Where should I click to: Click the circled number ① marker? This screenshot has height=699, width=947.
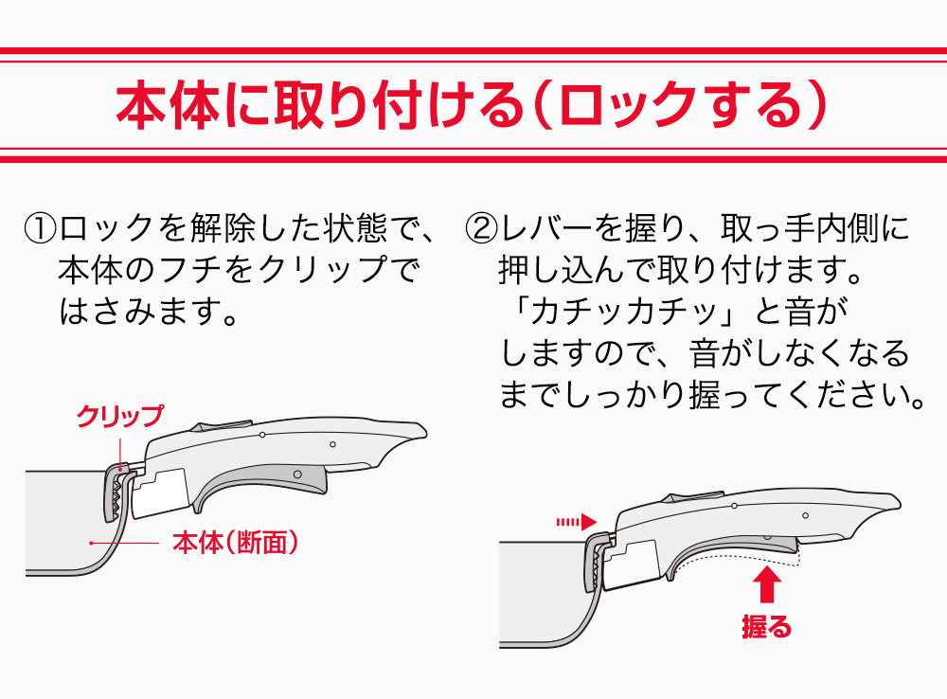pyautogui.click(x=41, y=228)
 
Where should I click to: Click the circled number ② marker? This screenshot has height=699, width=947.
pyautogui.click(x=482, y=228)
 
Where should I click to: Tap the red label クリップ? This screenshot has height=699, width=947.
pyautogui.click(x=119, y=415)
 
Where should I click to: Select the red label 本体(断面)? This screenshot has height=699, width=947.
pyautogui.click(x=236, y=543)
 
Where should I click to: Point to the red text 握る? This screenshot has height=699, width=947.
pyautogui.click(x=766, y=626)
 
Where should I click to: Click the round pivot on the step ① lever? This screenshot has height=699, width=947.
pyautogui.click(x=297, y=472)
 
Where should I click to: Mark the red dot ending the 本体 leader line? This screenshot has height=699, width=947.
pyautogui.click(x=91, y=543)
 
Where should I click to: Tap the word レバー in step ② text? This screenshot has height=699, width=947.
pyautogui.click(x=545, y=228)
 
